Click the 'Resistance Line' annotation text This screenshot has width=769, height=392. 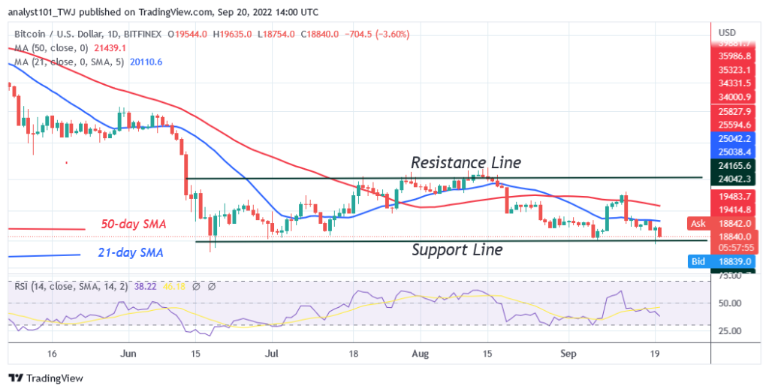[466, 163]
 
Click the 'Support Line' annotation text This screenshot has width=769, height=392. [457, 250]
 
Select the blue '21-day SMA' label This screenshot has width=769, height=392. [130, 253]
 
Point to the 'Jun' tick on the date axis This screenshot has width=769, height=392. [128, 352]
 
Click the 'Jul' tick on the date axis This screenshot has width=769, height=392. [273, 352]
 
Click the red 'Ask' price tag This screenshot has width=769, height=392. [698, 223]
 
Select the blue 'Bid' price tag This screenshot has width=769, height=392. [698, 261]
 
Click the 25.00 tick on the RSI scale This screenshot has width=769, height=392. [729, 330]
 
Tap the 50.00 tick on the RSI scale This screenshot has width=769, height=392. [729, 303]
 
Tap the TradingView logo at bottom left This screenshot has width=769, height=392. [47, 378]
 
